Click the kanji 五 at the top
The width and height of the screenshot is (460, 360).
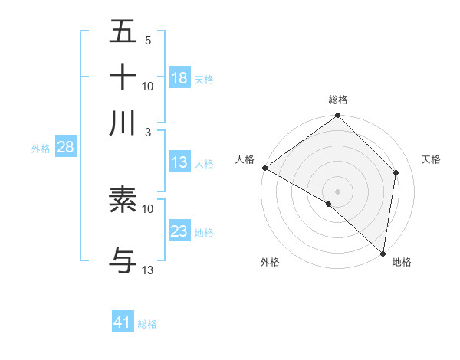pos(123,33)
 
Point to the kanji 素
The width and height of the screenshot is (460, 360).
pos(123,200)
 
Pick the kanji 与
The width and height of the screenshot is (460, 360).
pos(123,261)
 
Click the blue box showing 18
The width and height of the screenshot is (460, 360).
pos(179,77)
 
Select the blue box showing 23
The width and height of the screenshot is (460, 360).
pos(179,231)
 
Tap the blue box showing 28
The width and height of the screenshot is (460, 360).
pos(65,148)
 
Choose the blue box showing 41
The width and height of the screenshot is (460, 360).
pos(123,322)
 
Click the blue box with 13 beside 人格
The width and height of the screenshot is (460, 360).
pos(179,162)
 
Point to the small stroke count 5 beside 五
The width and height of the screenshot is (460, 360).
pos(148,41)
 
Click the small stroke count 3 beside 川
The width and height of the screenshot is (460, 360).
pos(148,132)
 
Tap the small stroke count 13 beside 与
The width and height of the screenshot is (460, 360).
pos(148,270)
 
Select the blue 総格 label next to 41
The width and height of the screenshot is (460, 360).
pos(147,324)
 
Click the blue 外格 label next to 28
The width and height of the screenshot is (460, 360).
pos(40,149)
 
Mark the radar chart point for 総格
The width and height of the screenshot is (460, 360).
pos(337,116)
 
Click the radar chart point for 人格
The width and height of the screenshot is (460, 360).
pos(264,168)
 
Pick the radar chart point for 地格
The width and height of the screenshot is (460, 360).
pos(383,252)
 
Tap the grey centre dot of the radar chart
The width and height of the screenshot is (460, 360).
pos(337,191)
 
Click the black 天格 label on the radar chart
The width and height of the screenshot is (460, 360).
pos(432,159)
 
